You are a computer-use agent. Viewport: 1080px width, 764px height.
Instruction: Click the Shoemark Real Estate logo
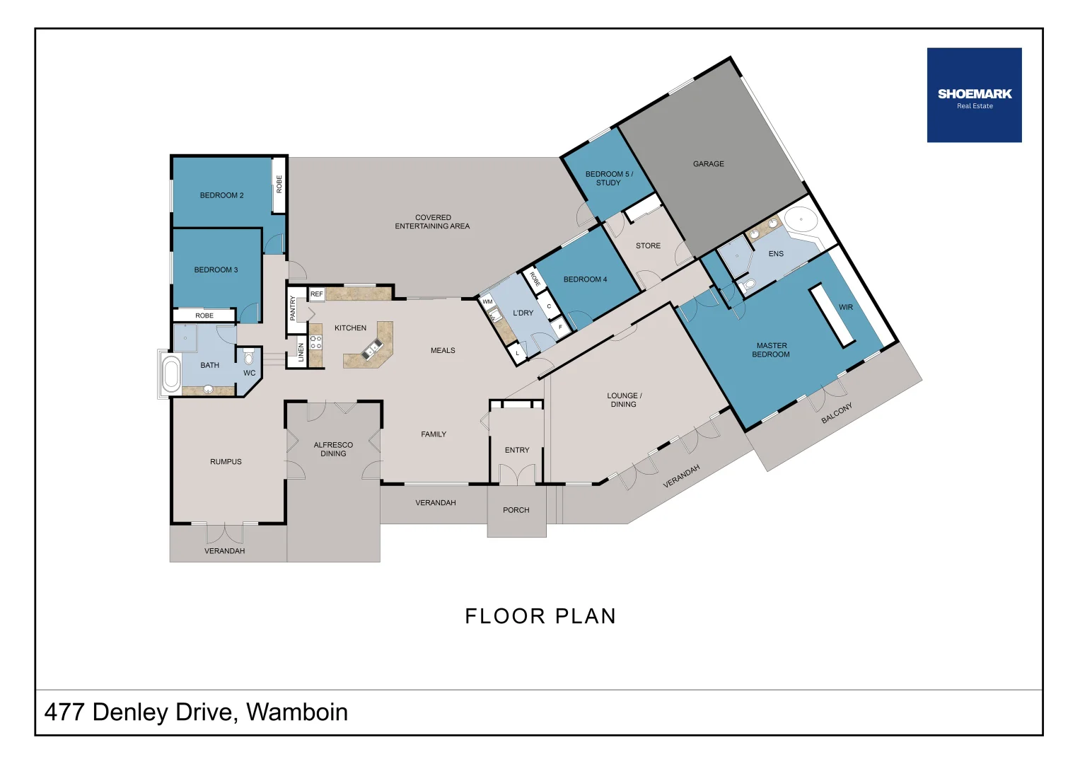974,95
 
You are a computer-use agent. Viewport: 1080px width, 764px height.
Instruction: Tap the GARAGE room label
708,164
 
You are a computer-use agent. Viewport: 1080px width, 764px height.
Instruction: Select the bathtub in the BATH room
171,374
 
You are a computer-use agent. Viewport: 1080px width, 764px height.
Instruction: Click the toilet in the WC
248,357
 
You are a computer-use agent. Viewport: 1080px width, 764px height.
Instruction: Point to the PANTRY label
293,308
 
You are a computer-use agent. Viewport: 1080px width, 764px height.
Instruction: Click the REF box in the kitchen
317,294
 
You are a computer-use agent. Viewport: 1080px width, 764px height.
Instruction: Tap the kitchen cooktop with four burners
315,343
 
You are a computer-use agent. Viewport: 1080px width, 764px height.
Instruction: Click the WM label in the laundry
487,302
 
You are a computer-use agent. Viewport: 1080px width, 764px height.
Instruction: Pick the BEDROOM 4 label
585,279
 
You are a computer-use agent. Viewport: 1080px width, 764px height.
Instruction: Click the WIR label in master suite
846,308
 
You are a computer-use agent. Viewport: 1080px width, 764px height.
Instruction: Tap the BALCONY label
837,413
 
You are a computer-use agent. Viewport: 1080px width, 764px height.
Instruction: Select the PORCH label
516,510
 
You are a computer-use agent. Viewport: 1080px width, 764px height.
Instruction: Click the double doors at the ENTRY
517,475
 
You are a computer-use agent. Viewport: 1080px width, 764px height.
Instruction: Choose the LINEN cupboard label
301,352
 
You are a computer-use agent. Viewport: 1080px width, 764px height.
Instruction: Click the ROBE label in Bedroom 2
279,185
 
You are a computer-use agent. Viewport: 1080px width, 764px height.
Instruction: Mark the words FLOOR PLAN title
540,616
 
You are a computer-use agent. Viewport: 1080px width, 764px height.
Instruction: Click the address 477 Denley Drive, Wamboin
196,712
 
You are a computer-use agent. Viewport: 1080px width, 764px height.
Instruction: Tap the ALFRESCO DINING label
333,449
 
